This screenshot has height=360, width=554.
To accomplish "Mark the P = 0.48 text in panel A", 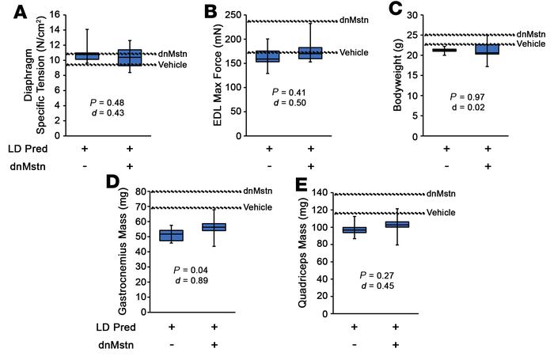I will click(108, 104).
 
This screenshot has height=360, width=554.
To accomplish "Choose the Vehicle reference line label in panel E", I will click(440, 213).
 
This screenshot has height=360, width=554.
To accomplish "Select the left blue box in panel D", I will click(172, 235).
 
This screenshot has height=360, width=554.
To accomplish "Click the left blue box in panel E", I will click(355, 229).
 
